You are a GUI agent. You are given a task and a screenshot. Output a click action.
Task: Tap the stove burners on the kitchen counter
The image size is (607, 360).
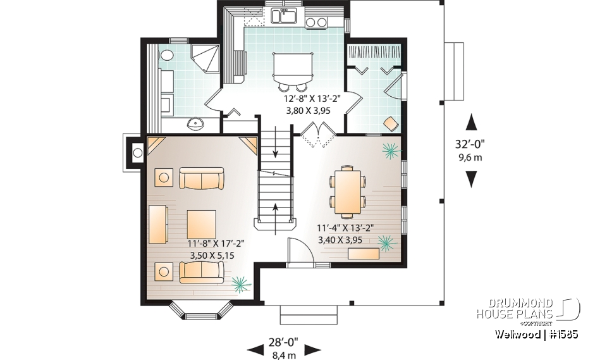pyautogui.click(x=316, y=23)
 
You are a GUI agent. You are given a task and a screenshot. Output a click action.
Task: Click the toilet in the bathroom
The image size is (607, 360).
pyautogui.click(x=166, y=56)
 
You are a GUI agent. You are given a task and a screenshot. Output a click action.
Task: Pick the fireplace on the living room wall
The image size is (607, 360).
pyautogui.click(x=136, y=151)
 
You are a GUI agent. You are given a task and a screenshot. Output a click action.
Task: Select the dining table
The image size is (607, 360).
pyautogui.click(x=346, y=190)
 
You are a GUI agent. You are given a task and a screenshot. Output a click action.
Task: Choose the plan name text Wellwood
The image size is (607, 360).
pyautogui.click(x=518, y=334)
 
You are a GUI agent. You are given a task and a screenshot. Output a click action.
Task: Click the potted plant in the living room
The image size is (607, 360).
pyautogui.click(x=240, y=284)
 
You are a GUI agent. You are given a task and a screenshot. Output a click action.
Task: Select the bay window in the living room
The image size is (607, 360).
pyautogui.click(x=202, y=312)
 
